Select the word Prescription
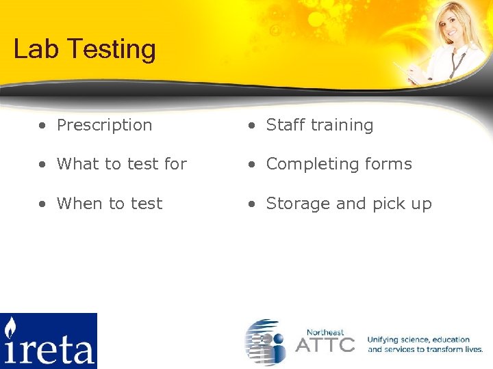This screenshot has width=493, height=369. [104, 126]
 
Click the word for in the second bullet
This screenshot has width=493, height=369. [175, 164]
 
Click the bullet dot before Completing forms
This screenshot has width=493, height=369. [252, 165]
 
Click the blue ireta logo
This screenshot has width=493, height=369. [49, 340]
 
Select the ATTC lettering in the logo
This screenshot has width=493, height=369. [325, 344]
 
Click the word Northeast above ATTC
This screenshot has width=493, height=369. [325, 331]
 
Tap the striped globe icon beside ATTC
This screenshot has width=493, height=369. [266, 341]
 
